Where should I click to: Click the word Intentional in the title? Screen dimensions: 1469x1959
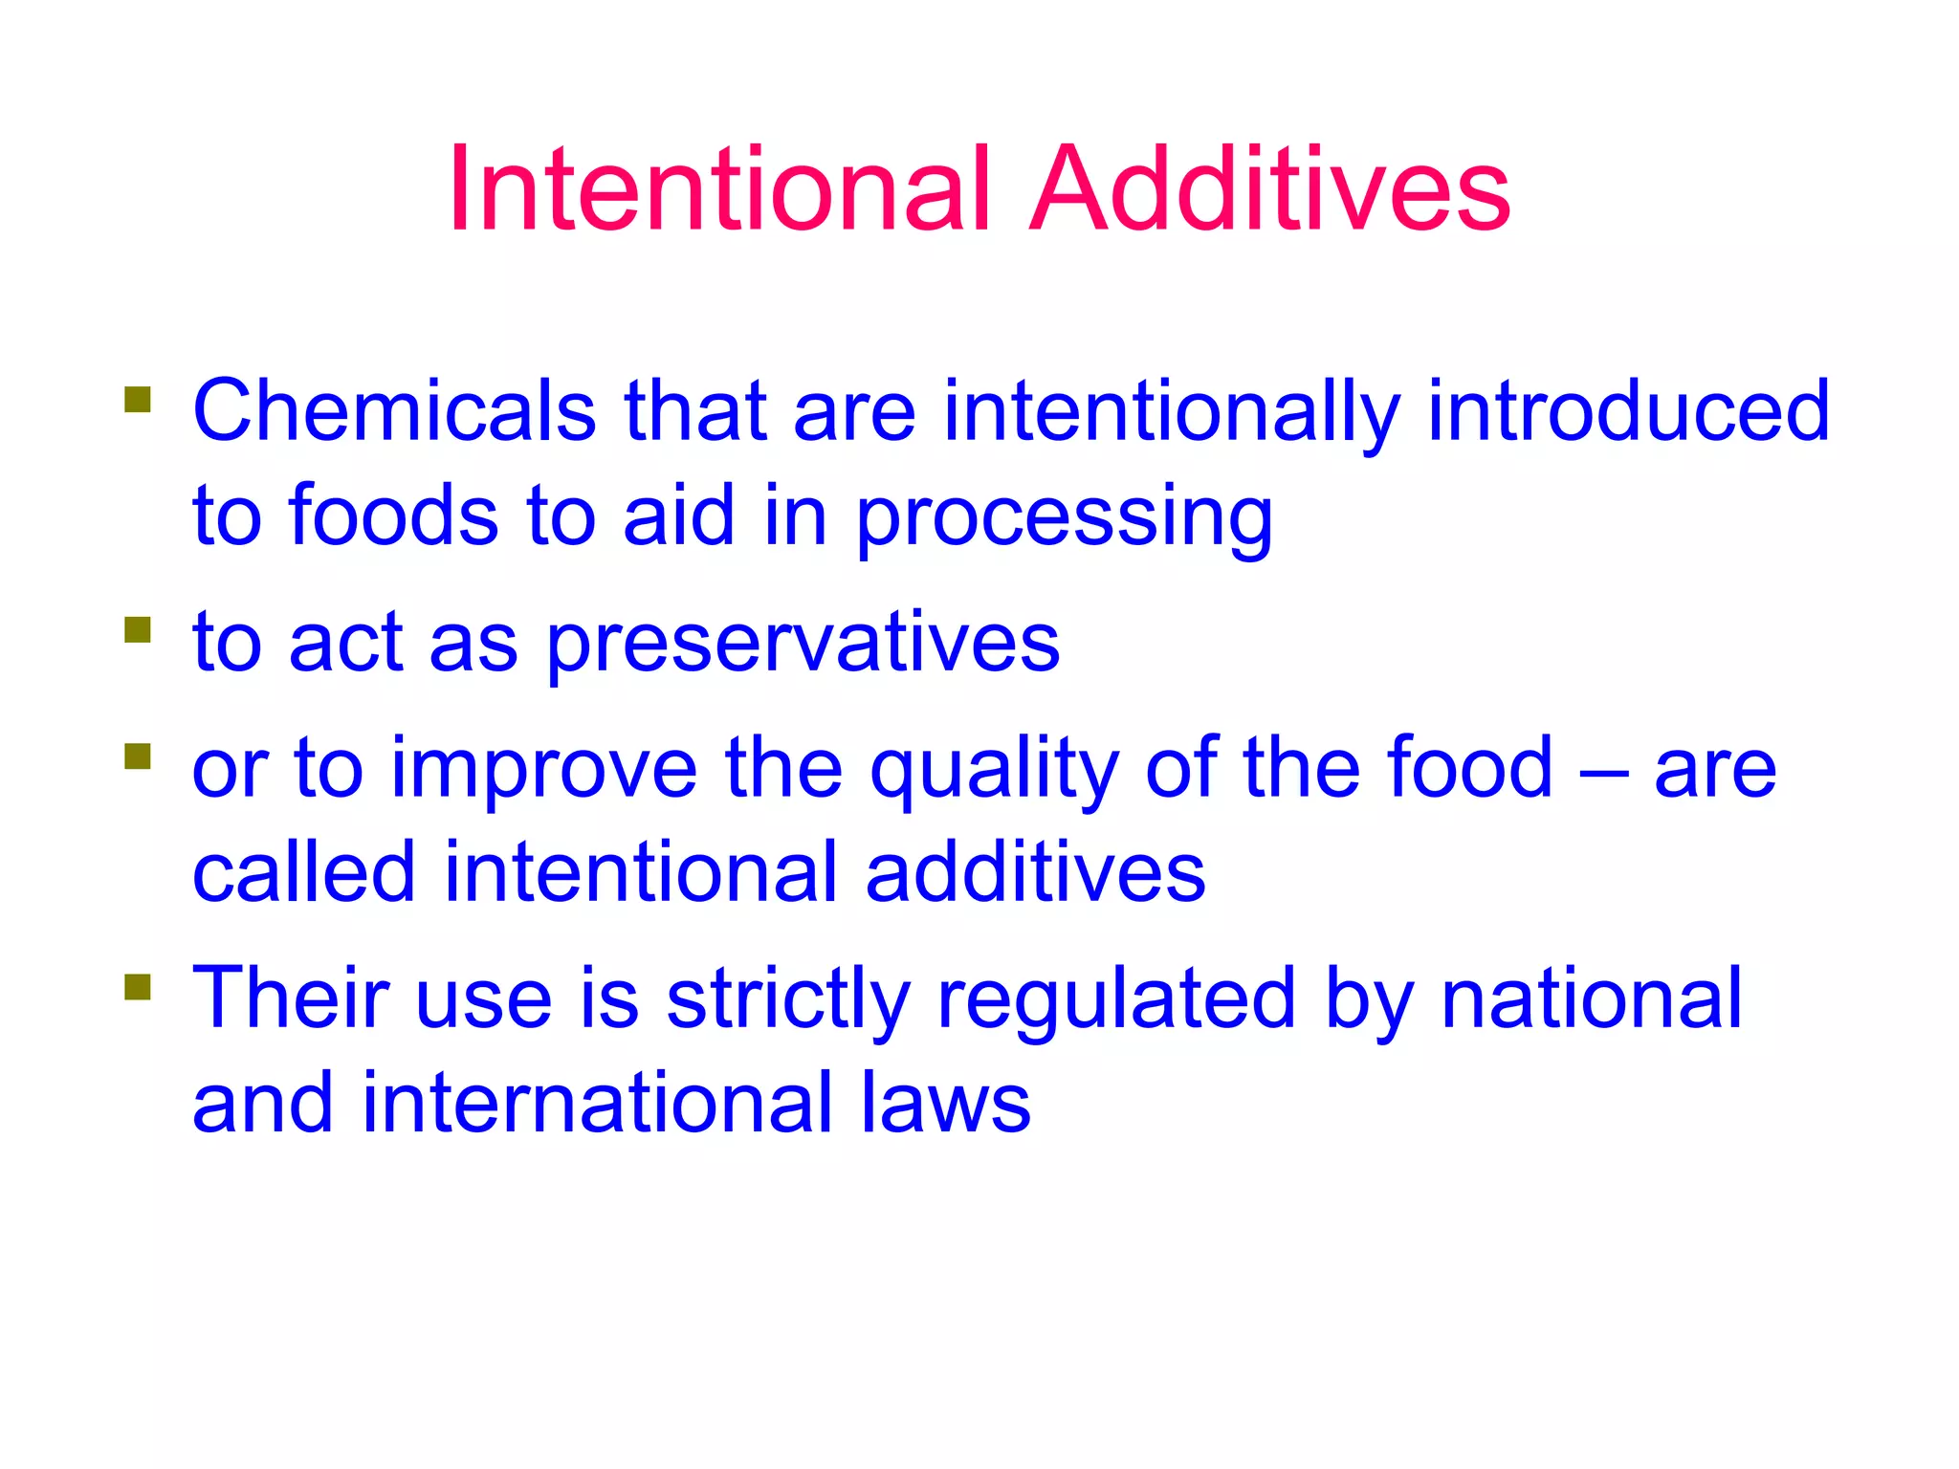(718, 188)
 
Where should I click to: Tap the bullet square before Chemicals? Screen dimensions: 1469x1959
(138, 399)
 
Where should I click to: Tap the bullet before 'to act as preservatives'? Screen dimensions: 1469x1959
(138, 629)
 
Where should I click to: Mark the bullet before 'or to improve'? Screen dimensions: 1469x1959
(138, 756)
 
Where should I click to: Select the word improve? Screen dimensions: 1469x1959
(544, 769)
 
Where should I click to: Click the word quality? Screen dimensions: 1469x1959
(994, 771)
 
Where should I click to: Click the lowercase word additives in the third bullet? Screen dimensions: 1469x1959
(1035, 872)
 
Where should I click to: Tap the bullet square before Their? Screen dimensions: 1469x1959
(138, 986)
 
